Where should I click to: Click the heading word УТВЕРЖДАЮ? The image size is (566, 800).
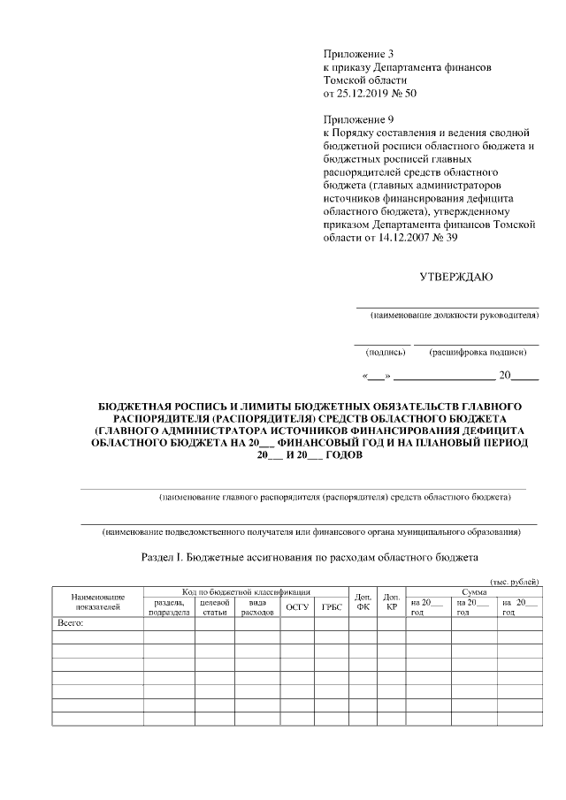pyautogui.click(x=455, y=277)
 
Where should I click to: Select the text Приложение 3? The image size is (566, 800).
pyautogui.click(x=358, y=55)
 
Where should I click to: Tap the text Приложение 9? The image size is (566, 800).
pyautogui.click(x=358, y=118)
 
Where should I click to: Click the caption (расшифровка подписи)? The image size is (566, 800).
pyautogui.click(x=478, y=352)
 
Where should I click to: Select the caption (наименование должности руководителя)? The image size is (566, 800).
pyautogui.click(x=455, y=315)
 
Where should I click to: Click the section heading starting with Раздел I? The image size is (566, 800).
pyautogui.click(x=310, y=558)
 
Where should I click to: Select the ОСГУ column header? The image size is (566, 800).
pyautogui.click(x=296, y=607)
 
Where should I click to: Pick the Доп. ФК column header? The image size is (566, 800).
pyautogui.click(x=363, y=602)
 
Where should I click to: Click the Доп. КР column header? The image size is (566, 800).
pyautogui.click(x=391, y=602)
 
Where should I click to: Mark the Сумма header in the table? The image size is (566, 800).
pyautogui.click(x=473, y=590)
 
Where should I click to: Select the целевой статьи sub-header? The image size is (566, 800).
pyautogui.click(x=214, y=607)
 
